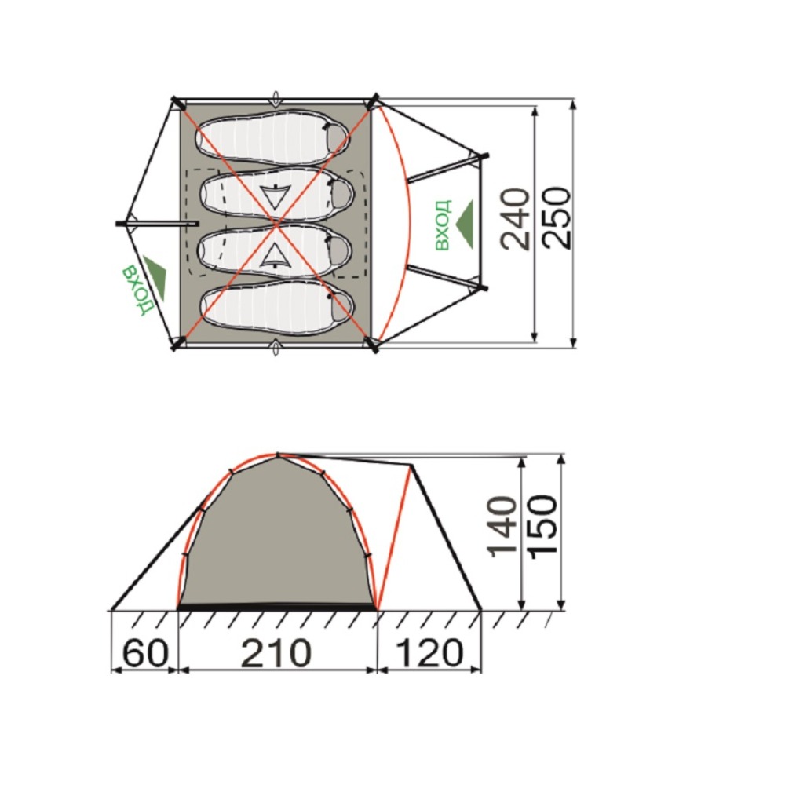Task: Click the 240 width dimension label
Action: pyautogui.click(x=515, y=219)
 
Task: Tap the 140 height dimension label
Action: pyautogui.click(x=502, y=526)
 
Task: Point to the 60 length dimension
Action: pyautogui.click(x=144, y=653)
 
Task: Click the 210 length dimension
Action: pyautogui.click(x=276, y=653)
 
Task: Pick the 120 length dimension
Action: pyautogui.click(x=429, y=653)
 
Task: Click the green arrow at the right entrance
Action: pyautogui.click(x=466, y=225)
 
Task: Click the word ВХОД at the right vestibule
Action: pyautogui.click(x=443, y=225)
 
